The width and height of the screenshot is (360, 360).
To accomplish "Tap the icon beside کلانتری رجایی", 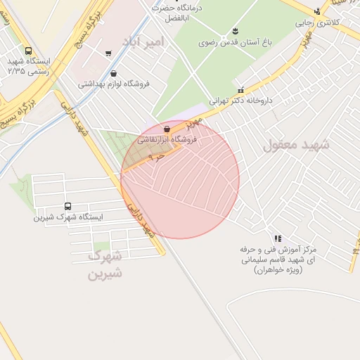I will pos(318,11).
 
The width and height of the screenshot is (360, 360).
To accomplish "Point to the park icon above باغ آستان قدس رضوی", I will pos(235,31).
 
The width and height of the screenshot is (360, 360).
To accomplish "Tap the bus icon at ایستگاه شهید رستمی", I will pos(28,51).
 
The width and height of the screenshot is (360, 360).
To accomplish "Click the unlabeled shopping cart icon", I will pos(108,53).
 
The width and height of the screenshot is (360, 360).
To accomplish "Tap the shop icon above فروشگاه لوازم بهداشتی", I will pos(112,73).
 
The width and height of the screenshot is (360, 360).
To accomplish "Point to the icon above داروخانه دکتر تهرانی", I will pos(240,90).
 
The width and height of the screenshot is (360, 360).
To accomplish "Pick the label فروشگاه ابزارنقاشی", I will pos(167,139).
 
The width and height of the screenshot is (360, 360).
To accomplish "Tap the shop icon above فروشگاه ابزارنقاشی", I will pos(166,129).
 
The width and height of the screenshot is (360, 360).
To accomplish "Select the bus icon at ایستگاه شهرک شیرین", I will pos(67,206).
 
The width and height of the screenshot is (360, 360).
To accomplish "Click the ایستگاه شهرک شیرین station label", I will pos(68,217).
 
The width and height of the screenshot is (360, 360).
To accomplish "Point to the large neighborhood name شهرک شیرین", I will pos(105,264).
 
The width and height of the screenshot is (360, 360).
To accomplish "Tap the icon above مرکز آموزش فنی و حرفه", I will pos(278,238).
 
